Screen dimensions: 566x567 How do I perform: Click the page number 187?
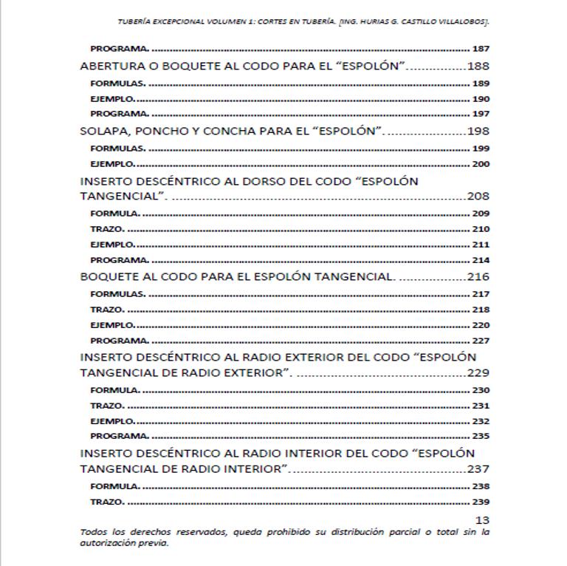[x=480, y=50]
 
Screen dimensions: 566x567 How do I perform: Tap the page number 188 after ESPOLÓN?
[x=478, y=67]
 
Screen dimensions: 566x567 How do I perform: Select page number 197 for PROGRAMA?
[x=480, y=114]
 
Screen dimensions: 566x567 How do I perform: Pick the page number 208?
[x=478, y=197]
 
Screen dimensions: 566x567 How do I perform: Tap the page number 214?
[x=480, y=260]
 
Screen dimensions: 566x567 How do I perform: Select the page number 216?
[x=478, y=277]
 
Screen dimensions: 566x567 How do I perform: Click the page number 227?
[x=480, y=341]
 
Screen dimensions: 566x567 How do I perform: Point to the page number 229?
[x=478, y=373]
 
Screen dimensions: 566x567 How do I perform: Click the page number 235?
[x=480, y=436]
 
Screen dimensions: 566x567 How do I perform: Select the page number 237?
[x=478, y=469]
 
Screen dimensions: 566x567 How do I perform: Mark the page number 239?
[x=480, y=502]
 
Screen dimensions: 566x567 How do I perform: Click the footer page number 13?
[x=483, y=520]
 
